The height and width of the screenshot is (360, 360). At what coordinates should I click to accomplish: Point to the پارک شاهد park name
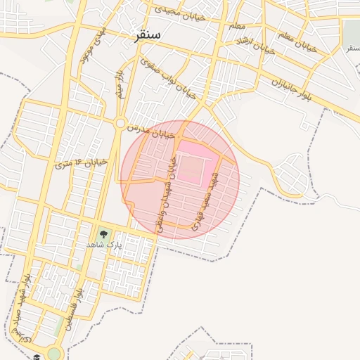click(104, 244)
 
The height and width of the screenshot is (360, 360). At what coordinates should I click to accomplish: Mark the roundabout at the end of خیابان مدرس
click(120, 124)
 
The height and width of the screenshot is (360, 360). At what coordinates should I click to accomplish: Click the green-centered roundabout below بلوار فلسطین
click(54, 353)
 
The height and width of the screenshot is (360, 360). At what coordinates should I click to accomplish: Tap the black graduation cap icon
click(36, 356)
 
